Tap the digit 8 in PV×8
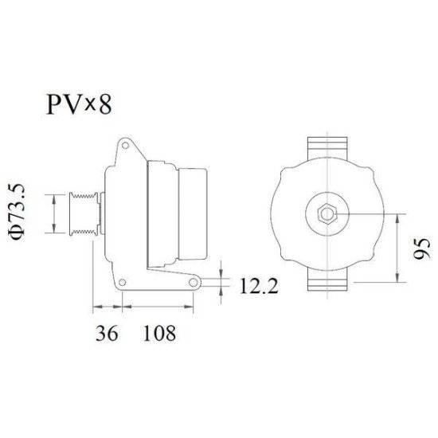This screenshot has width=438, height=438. click(x=104, y=104)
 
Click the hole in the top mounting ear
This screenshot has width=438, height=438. click(x=127, y=147)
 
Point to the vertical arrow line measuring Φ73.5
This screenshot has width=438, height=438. click(x=53, y=213)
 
